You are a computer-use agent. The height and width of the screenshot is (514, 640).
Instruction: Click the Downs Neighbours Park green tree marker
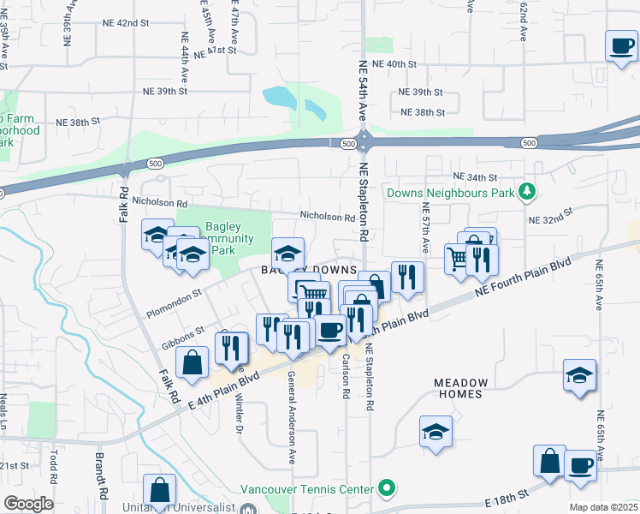coord(528,192)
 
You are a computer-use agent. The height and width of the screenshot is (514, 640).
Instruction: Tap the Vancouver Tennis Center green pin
coord(387,489)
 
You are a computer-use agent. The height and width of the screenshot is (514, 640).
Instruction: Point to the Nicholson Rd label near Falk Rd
coord(160,203)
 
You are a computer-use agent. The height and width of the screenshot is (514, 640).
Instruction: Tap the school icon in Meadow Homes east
coord(579,374)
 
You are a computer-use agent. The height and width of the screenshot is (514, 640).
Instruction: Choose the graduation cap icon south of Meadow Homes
coord(436,431)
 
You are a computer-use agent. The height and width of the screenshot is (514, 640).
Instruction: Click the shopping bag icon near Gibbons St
coord(193,362)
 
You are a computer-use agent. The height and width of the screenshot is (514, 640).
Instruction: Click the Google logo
coord(28,504)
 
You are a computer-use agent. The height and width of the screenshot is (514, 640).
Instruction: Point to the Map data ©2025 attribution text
coord(602,507)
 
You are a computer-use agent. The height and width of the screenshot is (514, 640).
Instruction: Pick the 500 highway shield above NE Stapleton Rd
coord(347,145)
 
